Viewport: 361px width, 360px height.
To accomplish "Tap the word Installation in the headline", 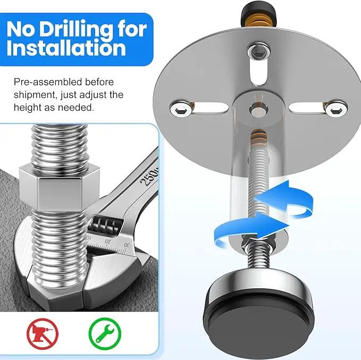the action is (x=66, y=48).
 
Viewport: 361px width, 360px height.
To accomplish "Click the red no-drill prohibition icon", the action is (x=43, y=333).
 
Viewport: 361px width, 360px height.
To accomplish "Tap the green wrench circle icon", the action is (x=105, y=333).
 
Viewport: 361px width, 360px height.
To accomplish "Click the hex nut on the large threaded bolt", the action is (x=60, y=188).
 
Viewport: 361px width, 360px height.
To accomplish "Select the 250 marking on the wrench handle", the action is (x=149, y=176).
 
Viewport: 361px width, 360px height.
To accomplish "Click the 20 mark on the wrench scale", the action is (x=108, y=241).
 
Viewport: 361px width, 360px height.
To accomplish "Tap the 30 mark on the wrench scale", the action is (x=127, y=245).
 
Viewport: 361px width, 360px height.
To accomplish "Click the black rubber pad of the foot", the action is (x=258, y=324).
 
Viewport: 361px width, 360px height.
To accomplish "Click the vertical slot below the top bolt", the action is (x=259, y=72).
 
